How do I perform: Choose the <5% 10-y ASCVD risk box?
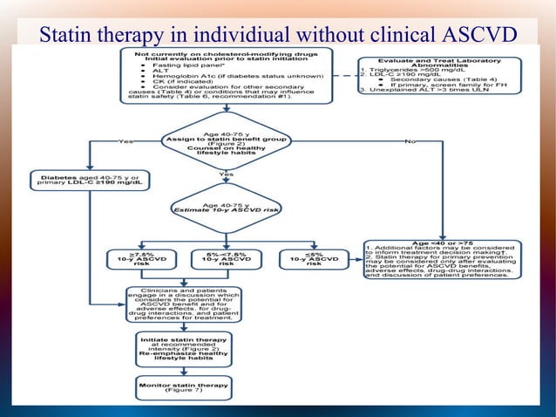pos(310,259)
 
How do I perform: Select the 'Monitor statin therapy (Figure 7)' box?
pos(184,386)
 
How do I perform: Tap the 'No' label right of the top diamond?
pos(410,140)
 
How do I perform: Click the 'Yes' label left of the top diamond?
pos(126,140)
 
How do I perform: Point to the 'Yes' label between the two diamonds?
pos(227,174)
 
